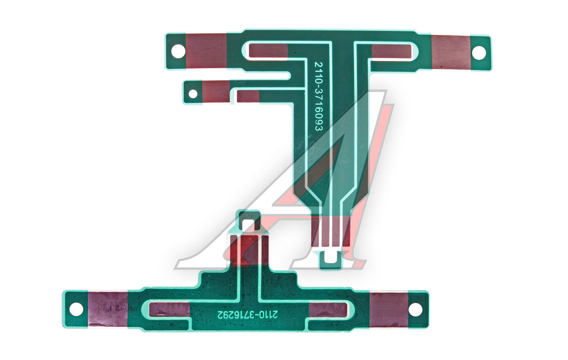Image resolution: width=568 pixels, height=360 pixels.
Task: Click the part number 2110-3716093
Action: click(318, 97)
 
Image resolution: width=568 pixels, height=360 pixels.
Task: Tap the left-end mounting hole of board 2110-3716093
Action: click(178, 51)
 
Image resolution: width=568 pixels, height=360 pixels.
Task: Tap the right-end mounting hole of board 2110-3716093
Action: click(479, 53)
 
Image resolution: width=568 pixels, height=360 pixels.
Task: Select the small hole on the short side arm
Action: click(193, 94)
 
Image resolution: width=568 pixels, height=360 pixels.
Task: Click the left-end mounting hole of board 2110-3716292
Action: click(76, 310)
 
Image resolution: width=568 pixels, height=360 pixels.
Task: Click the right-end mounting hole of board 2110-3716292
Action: click(415, 310)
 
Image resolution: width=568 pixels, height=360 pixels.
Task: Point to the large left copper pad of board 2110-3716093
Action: click(206, 50)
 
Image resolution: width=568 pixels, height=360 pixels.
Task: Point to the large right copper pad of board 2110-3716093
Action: click(450, 53)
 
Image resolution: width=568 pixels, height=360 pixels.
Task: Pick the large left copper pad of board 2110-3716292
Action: click(108, 309)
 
